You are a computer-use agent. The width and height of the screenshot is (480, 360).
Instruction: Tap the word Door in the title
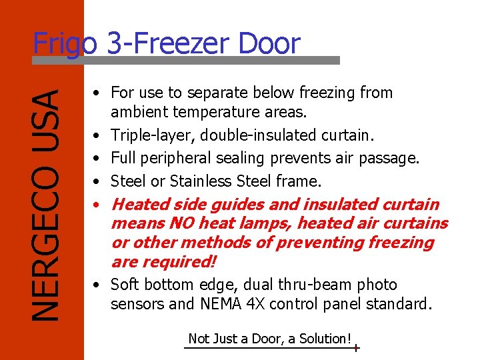coord(271,44)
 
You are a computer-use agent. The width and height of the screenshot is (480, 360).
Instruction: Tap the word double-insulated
coord(246,135)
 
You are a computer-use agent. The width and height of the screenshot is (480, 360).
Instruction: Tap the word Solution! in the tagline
coord(325,339)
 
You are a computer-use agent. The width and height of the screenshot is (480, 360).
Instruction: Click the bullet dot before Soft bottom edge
coord(97,285)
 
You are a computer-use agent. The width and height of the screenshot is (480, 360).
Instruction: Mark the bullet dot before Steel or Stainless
coord(97,181)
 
